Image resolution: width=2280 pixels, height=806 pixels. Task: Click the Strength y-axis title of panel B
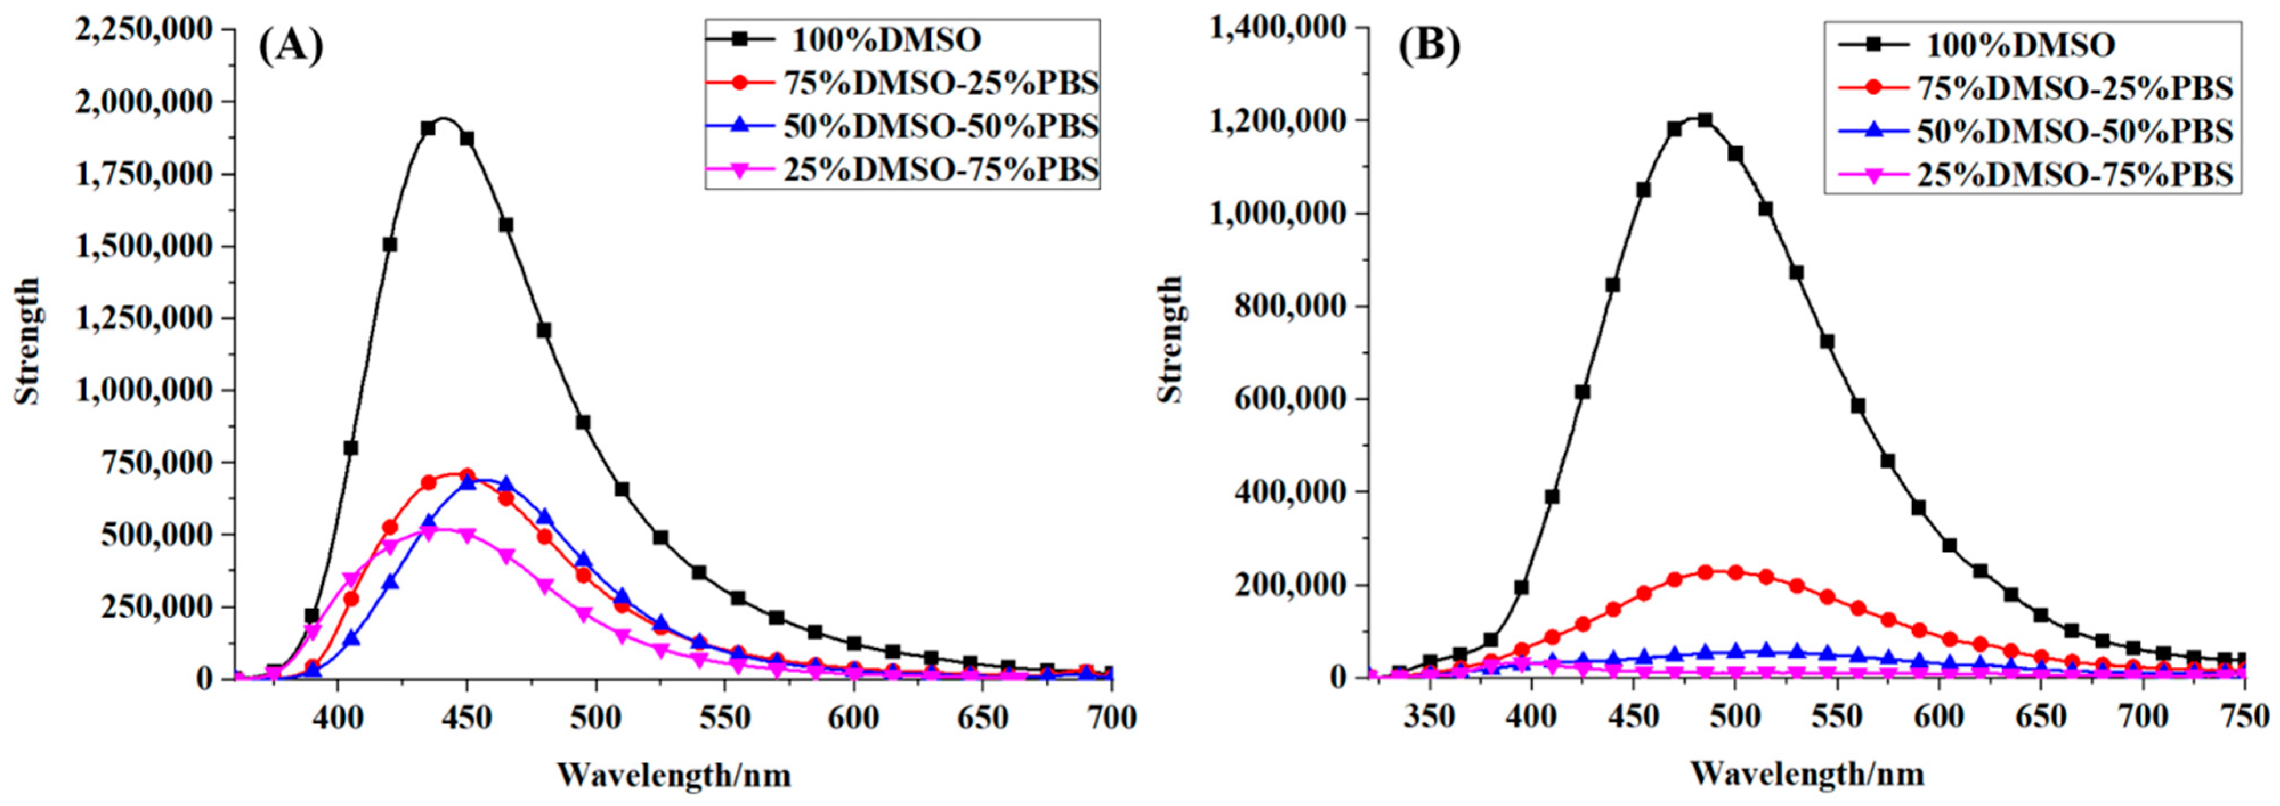click(x=1171, y=338)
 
